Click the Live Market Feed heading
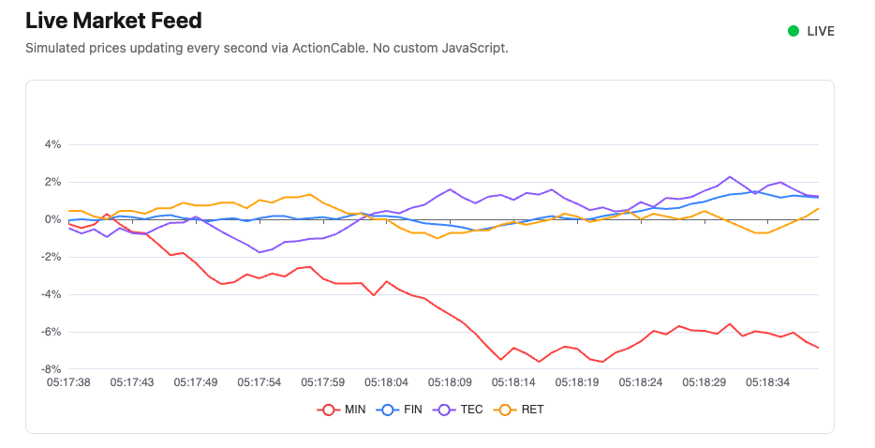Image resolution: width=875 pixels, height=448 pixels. click(x=113, y=20)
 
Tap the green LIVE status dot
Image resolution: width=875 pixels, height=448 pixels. click(x=793, y=31)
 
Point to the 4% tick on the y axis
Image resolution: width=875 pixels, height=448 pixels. click(x=52, y=144)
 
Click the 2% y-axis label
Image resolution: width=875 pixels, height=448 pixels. click(x=52, y=182)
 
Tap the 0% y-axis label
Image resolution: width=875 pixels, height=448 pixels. click(x=52, y=219)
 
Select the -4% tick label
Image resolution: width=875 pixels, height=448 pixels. click(x=50, y=294)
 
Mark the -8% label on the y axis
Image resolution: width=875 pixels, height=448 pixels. click(x=50, y=369)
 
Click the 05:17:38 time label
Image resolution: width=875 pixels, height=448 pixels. click(x=67, y=382)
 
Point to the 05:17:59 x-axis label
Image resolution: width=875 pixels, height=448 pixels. click(x=323, y=382)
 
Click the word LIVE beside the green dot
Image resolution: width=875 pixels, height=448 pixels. click(x=821, y=31)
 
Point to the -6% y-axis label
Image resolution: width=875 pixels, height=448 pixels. click(x=50, y=332)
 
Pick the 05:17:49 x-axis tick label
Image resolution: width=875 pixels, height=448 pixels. click(x=195, y=382)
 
